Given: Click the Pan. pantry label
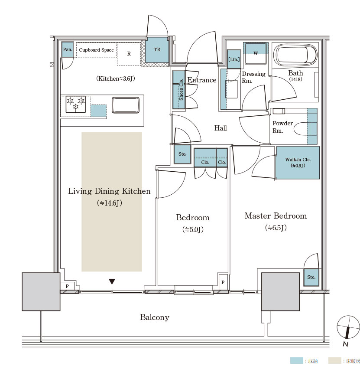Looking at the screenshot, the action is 68,49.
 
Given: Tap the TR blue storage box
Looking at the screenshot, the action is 157,50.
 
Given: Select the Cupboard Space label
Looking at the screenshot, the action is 96,50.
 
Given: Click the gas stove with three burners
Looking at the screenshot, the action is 75,104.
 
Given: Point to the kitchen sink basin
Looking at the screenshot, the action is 126,105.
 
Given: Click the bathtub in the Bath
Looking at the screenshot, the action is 295,54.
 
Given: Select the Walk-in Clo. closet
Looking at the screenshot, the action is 298,163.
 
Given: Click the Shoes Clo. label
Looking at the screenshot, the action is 181,90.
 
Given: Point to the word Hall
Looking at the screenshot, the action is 221,128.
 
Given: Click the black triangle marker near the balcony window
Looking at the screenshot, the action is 112,281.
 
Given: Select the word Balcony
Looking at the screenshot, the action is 155,317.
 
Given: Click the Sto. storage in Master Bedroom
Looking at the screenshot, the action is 311,277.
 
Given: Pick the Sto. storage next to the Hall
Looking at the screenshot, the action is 182,154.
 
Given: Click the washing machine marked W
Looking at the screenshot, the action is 256,53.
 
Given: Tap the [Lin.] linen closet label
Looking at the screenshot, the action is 234,59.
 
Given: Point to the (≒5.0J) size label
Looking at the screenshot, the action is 193,229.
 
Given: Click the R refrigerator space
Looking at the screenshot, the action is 129,54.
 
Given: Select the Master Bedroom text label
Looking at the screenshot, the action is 276,216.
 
